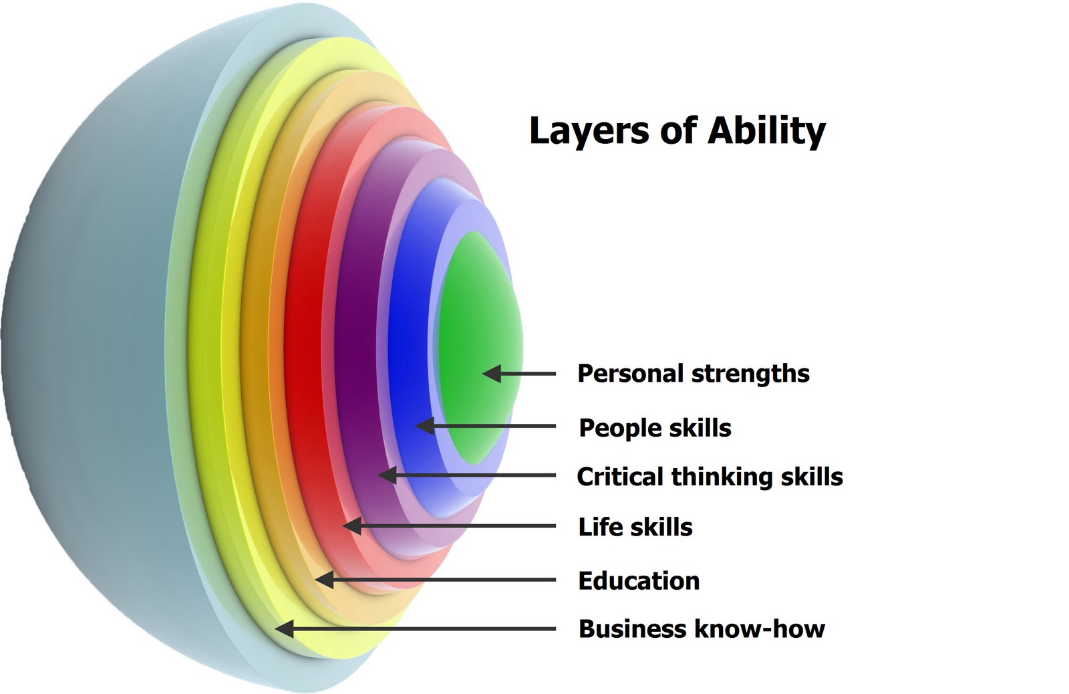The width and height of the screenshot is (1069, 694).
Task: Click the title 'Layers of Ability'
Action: (x=677, y=130)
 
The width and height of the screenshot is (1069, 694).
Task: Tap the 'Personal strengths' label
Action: (x=693, y=374)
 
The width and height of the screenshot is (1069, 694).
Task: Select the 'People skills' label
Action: (x=655, y=428)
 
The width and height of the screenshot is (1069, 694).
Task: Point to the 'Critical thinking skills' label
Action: (x=710, y=477)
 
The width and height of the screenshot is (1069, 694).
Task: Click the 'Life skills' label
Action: (x=635, y=527)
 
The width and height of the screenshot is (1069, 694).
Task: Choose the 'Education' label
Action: (x=639, y=580)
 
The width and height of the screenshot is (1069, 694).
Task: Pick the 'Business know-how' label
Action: (x=702, y=628)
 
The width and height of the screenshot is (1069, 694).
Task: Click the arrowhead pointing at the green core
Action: (x=491, y=374)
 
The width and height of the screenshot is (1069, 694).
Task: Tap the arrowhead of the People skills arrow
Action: (x=424, y=426)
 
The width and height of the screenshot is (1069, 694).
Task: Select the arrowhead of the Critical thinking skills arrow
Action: (x=387, y=475)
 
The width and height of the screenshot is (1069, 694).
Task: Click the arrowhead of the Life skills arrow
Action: (x=351, y=526)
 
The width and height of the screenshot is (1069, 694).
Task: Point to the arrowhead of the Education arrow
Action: (x=324, y=579)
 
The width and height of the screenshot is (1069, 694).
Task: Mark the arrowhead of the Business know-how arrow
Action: (x=284, y=628)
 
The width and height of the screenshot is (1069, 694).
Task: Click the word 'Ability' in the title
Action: (x=766, y=130)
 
